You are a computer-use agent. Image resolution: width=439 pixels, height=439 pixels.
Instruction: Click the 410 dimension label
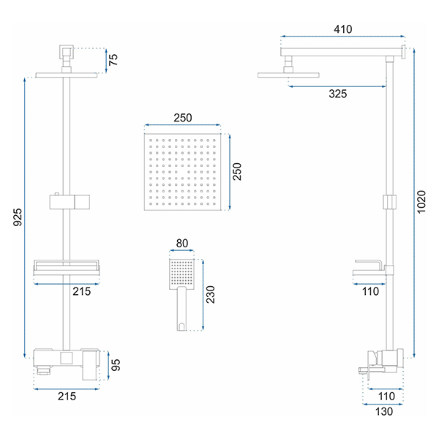342,29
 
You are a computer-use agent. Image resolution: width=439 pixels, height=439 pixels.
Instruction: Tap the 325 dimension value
337,94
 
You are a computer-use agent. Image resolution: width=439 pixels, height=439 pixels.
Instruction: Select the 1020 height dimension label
421,202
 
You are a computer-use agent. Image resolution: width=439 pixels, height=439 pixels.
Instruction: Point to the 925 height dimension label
18,217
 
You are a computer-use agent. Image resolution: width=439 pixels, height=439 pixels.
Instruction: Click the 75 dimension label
113,60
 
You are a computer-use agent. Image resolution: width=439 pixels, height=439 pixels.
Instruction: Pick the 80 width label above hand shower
182,244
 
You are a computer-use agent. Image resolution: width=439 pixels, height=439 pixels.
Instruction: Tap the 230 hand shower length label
210,295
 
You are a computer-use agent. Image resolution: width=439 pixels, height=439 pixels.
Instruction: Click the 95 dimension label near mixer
116,365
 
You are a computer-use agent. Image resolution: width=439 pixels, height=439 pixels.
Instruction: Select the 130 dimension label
384,411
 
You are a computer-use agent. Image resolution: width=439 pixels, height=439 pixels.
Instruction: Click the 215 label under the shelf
82,291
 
